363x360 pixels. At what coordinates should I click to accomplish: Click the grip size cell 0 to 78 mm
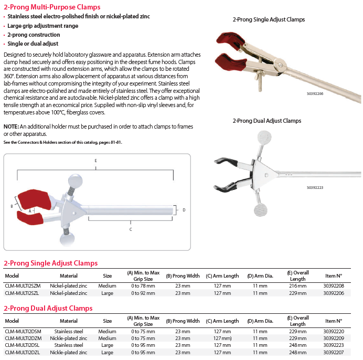pos(143,286)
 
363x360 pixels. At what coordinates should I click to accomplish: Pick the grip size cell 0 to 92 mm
pos(143,293)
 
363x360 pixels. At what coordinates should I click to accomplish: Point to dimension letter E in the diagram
pos(95,160)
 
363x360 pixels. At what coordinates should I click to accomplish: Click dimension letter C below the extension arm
pos(131,229)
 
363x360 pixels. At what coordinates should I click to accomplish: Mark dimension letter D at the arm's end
pos(184,210)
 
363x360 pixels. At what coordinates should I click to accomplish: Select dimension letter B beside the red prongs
pos(12,207)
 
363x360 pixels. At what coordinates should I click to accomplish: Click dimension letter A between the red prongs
pos(30,210)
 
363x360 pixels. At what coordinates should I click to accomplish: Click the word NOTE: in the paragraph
pos(11,127)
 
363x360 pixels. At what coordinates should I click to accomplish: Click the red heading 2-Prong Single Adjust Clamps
pos(50,263)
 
